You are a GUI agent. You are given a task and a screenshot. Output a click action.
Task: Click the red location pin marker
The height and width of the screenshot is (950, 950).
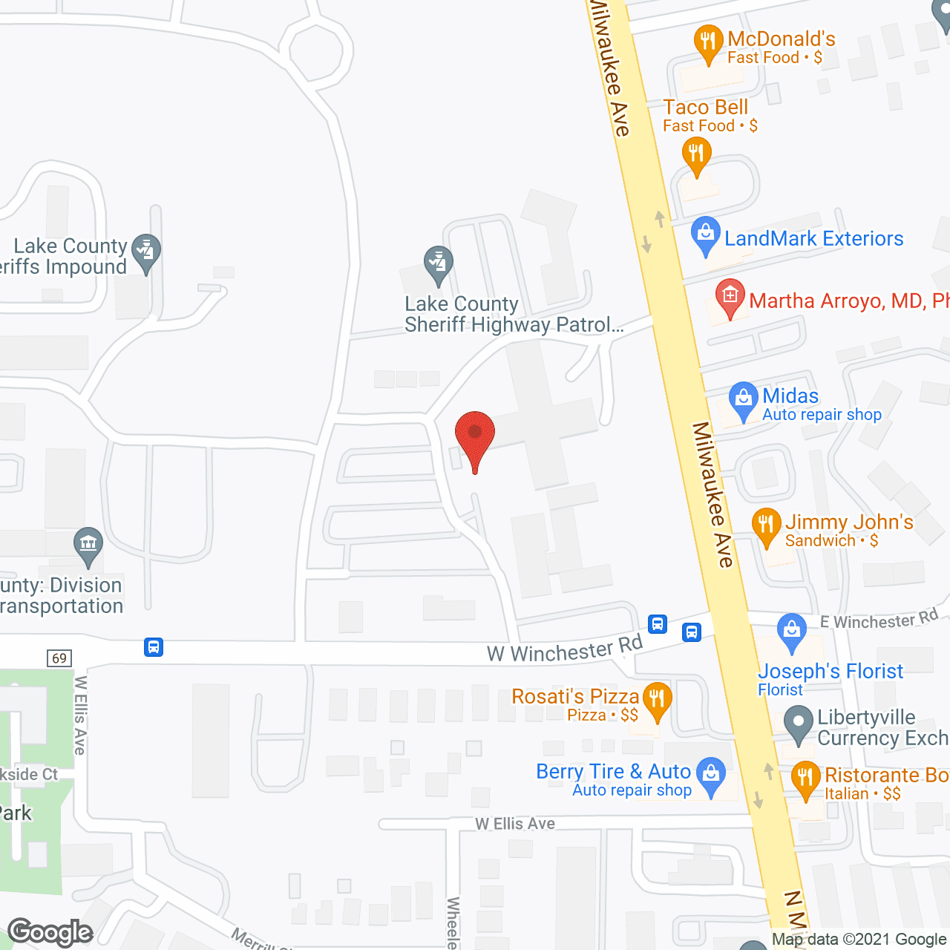point(474,438)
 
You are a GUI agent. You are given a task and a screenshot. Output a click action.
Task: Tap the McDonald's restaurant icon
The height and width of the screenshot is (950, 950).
point(709,42)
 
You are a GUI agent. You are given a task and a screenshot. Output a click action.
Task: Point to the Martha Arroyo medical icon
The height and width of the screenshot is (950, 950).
point(730,297)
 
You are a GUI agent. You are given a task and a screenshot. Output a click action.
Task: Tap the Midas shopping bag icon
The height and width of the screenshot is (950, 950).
point(743,399)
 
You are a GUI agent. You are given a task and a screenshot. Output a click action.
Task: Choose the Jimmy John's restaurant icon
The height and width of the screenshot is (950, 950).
point(766,525)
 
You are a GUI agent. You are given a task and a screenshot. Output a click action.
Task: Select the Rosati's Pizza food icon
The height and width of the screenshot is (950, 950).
point(657,700)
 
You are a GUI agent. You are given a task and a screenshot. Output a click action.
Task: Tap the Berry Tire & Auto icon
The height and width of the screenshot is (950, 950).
point(712,775)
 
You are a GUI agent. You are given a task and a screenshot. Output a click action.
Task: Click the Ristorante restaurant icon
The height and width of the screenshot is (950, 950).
point(805,779)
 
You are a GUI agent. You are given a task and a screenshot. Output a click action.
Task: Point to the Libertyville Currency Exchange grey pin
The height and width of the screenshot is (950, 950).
point(799,724)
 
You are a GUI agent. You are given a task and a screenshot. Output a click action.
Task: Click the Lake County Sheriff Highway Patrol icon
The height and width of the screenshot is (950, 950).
point(439,263)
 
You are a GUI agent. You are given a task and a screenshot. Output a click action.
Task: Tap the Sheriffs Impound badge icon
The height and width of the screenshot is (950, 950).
point(146,251)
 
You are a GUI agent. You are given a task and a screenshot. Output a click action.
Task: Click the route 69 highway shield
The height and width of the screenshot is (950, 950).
point(59,658)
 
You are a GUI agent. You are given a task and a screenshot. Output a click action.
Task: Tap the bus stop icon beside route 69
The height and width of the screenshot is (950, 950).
point(154,647)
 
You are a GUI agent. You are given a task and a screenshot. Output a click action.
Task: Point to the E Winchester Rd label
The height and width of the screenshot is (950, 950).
point(879,619)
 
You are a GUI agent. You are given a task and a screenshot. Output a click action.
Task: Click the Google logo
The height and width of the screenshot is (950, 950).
point(50,932)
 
